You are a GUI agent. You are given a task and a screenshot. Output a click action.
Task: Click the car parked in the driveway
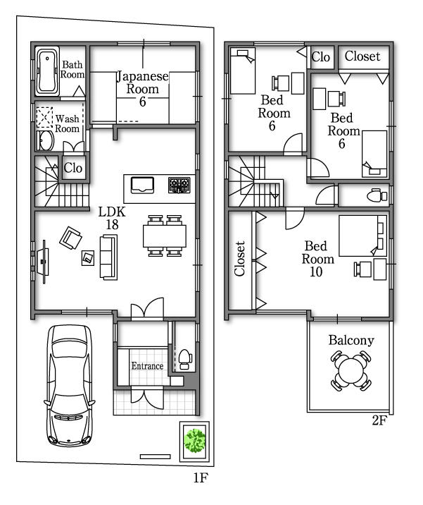pos(69,385)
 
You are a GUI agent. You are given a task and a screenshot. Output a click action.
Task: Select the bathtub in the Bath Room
pos(48,71)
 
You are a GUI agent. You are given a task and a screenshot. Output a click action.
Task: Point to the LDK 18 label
pos(111,218)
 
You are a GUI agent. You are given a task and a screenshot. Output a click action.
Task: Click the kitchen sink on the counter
pos(143,185)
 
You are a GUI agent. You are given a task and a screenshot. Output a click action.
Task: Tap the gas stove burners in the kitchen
pos(178,185)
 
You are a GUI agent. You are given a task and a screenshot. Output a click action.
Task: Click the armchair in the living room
pos(70,238)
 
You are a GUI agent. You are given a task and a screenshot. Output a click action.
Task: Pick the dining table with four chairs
pos(165,235)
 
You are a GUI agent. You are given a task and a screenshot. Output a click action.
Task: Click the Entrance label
pos(147,366)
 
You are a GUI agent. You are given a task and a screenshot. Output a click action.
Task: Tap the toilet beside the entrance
pos(184,358)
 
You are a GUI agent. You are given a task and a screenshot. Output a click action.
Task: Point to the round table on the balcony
pos(350,369)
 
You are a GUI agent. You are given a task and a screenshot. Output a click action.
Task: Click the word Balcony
pos(351,341)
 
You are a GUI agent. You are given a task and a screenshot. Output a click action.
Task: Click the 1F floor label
pos(200,478)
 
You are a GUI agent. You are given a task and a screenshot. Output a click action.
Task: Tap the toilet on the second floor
pos(378,195)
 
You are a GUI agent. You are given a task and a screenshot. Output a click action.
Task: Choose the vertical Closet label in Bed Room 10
pos(240,259)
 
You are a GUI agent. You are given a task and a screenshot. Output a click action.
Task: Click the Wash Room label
pos(68,123)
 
